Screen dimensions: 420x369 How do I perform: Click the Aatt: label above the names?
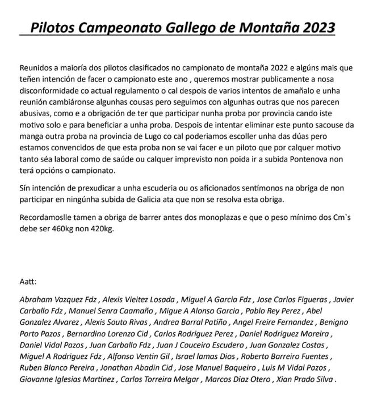point(28,281)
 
